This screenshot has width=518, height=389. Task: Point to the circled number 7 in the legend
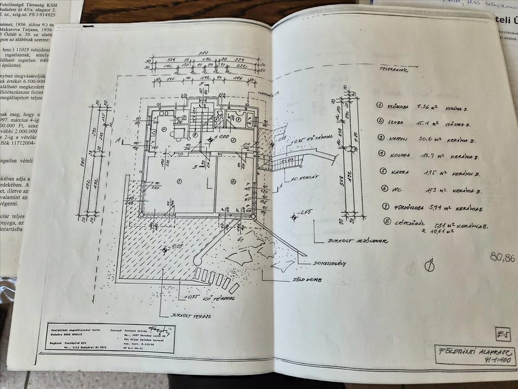point(385,206)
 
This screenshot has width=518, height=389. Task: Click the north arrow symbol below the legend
point(430,265)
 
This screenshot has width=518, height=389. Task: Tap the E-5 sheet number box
point(502,334)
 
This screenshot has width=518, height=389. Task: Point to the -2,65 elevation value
point(306,212)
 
